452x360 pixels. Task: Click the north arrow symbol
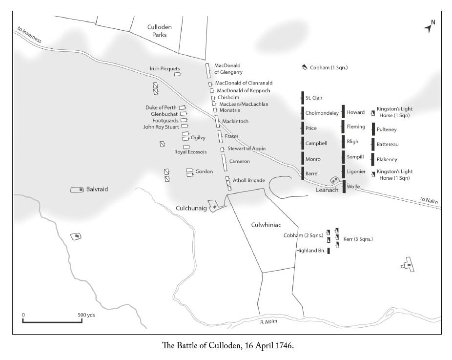(x=429, y=27)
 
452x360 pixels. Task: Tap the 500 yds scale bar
(x=52, y=321)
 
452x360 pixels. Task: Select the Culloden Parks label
(x=160, y=31)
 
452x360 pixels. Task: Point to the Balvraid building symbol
(x=77, y=190)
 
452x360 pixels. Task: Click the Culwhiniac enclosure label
(x=266, y=225)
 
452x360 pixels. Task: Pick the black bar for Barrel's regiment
(x=303, y=173)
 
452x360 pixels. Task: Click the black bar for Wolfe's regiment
(x=344, y=186)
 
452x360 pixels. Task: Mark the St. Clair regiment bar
(x=303, y=98)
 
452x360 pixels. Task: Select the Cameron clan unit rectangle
(x=224, y=162)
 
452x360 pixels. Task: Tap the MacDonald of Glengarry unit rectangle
(x=208, y=71)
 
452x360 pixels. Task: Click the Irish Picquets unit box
(x=177, y=74)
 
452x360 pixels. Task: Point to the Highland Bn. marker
(x=329, y=251)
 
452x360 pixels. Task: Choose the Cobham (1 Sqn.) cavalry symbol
(x=305, y=67)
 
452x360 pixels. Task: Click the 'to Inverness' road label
(x=29, y=35)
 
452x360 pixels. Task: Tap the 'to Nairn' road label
(x=429, y=200)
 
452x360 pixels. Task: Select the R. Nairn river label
(x=268, y=321)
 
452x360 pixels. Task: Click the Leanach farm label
(x=327, y=190)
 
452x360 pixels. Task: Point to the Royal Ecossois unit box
(x=186, y=147)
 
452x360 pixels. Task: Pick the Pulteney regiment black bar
(x=373, y=129)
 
